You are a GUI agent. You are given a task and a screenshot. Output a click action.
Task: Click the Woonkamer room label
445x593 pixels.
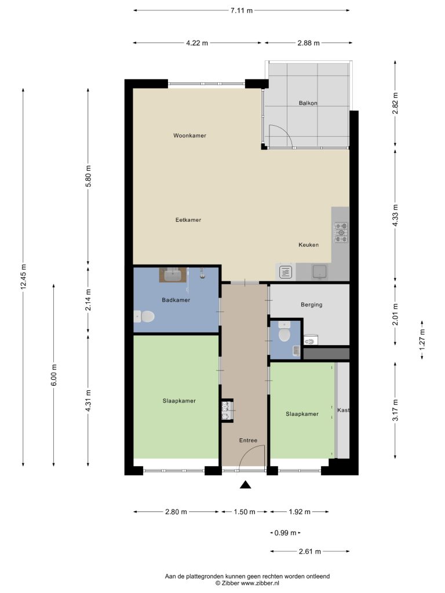point(189,136)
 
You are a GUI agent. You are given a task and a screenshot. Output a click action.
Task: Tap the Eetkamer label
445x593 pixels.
point(188,219)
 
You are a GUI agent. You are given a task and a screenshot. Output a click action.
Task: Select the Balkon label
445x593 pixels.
point(308,103)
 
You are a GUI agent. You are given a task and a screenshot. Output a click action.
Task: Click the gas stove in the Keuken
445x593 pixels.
point(341,232)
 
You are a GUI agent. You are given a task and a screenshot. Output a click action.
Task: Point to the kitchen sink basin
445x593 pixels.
point(320,271)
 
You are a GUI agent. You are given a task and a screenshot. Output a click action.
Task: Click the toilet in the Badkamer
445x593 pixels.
point(144,317)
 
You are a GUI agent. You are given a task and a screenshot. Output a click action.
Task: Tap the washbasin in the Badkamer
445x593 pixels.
point(173,275)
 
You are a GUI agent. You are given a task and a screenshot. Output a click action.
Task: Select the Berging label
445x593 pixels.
point(311,305)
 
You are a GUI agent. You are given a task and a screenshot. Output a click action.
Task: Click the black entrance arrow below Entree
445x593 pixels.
point(246,485)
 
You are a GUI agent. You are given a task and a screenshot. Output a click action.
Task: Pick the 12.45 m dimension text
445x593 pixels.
point(23,276)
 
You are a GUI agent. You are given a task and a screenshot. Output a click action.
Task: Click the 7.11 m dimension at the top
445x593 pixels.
point(242,10)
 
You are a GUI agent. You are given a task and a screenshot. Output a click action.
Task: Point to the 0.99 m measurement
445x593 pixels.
point(285,533)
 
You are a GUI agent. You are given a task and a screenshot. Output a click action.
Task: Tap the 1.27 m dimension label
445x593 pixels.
point(422,339)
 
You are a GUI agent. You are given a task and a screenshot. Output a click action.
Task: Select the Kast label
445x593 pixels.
point(343,410)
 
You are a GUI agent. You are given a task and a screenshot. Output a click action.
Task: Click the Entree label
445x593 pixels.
point(248,440)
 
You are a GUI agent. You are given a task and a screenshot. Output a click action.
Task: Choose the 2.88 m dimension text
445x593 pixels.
point(308,43)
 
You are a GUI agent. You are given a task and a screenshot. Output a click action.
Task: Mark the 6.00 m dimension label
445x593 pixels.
point(54,375)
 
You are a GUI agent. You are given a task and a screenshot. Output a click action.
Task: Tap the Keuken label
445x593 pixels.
point(308,245)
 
